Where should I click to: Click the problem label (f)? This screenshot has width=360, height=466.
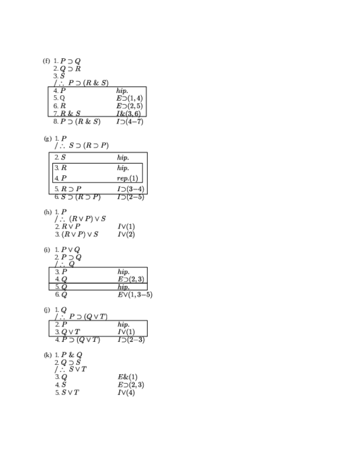(x=46, y=61)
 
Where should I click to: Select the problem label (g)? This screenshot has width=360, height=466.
(x=47, y=138)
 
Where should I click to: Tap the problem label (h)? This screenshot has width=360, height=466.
(x=47, y=212)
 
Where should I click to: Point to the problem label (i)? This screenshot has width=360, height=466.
(x=47, y=250)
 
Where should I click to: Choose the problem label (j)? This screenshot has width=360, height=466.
(x=47, y=310)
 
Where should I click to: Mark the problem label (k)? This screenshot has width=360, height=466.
(x=47, y=355)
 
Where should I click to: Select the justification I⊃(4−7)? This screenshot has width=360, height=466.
(x=130, y=121)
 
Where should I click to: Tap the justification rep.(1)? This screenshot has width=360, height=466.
(x=128, y=179)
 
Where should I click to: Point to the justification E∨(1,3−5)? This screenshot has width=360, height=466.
(x=135, y=295)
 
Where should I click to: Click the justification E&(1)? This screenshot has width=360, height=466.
(x=128, y=377)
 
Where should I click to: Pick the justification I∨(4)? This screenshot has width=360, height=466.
(x=126, y=393)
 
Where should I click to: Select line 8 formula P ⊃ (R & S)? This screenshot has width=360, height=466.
(x=80, y=121)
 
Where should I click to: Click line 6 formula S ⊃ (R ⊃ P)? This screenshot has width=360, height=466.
(x=81, y=197)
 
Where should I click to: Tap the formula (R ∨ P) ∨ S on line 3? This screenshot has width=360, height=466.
(x=80, y=235)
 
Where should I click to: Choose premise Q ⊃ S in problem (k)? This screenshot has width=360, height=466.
(x=71, y=362)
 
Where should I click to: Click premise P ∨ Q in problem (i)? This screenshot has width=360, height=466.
(x=71, y=250)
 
